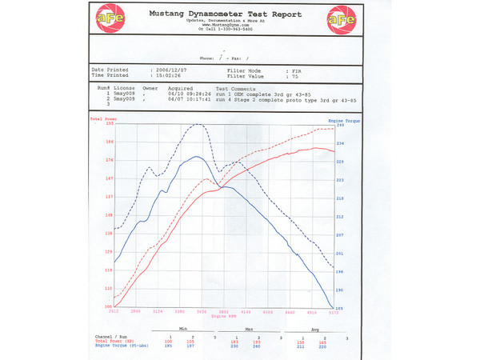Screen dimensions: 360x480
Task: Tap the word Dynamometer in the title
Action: click(x=224, y=14)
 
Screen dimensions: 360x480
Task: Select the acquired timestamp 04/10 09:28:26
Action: click(x=188, y=93)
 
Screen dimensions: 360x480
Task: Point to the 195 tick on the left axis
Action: click(x=109, y=124)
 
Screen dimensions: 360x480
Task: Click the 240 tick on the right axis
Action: click(x=340, y=126)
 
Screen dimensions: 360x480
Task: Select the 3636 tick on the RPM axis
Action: click(x=202, y=311)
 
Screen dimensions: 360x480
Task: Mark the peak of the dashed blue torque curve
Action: click(x=198, y=125)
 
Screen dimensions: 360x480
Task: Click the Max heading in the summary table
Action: click(x=250, y=330)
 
